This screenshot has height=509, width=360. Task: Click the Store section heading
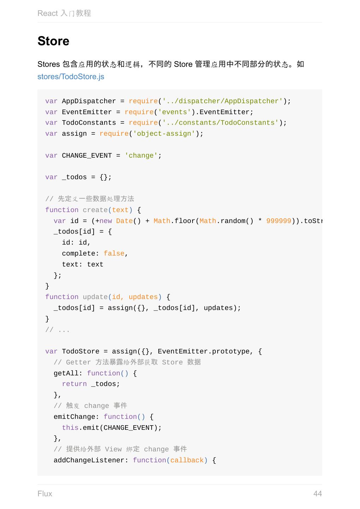pos(53,41)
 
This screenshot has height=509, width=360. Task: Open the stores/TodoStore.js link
pos(71,77)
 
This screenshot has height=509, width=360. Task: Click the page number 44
pos(317,493)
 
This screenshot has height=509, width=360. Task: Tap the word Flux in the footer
pos(45,493)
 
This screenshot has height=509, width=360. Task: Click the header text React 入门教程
pos(64,13)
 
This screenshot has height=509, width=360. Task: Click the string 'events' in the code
pos(175,112)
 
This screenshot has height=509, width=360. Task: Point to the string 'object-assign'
pos(164,134)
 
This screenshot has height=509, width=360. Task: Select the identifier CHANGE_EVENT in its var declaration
pos(87,156)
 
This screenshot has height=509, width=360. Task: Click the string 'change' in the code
pos(141,156)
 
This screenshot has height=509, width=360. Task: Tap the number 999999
pos(279,221)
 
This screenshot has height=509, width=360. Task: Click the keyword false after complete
pos(114,253)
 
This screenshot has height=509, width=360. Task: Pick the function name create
pos(95,210)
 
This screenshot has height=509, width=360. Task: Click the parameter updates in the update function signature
pos(143,297)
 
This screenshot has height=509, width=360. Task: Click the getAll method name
pos(66,373)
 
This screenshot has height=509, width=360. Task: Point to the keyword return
pos(74,384)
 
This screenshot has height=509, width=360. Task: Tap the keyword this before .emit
pos(70,428)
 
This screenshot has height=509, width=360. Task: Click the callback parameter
pos(187,460)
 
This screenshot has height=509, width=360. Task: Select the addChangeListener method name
pos(89,460)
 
